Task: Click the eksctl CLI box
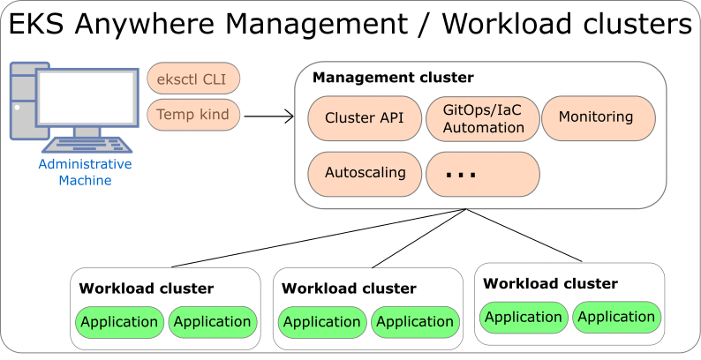193,79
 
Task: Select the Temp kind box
193,115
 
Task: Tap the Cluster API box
365,118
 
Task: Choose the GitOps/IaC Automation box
483,118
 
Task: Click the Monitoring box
598,118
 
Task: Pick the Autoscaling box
365,174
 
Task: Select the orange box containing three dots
483,174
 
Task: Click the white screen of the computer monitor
86,97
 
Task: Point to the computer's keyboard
87,146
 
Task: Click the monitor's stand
87,131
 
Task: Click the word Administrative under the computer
85,165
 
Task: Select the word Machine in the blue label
85,180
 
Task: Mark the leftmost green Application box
119,322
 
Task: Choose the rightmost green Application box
616,317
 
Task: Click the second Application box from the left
212,322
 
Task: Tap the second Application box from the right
524,317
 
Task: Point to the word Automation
483,128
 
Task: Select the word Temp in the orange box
175,115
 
